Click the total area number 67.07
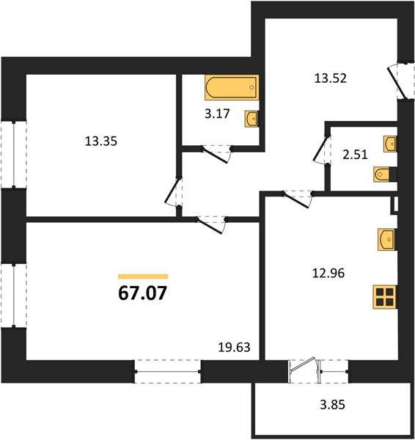point(142,293)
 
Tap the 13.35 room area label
point(101,141)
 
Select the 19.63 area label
point(234,348)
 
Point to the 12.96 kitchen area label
point(328,273)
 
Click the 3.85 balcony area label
point(332,405)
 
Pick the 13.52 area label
point(331,78)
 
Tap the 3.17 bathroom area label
point(217,114)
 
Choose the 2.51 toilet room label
point(355,155)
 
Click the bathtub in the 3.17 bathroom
point(232,87)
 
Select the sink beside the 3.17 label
point(251,119)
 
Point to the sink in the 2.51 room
point(390,144)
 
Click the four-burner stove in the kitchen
point(385,297)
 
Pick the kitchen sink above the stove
point(387,239)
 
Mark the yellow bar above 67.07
point(143,276)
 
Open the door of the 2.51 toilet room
point(322,150)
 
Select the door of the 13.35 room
point(173,192)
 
